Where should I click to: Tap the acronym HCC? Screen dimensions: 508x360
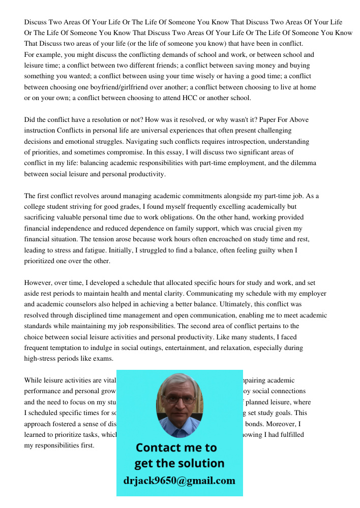(x=191, y=98)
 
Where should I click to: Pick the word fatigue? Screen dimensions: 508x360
(x=97, y=250)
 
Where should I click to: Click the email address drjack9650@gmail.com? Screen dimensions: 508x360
(x=179, y=481)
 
